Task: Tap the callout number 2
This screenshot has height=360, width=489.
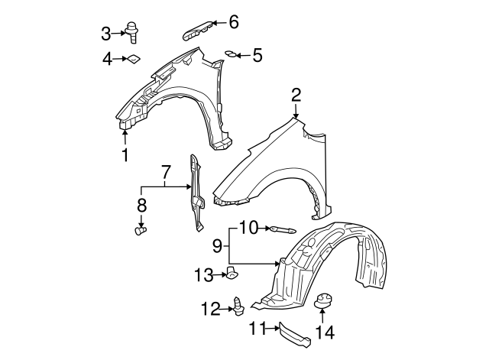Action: pos(296,95)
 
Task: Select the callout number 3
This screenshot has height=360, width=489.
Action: pos(106,33)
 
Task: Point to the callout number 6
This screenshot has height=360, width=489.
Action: pos(234,22)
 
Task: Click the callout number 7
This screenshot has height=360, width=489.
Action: pos(164,175)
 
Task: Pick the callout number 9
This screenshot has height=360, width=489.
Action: pos(217,245)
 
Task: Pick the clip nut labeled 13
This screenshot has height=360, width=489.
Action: pos(232,272)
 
